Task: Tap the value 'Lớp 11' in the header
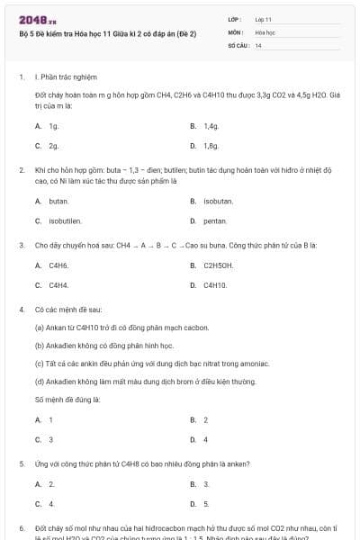(x=264, y=19)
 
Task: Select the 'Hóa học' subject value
(x=265, y=31)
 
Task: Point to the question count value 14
(x=258, y=44)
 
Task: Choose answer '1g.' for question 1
(x=54, y=126)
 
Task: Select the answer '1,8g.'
(x=211, y=145)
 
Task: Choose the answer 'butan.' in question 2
(x=58, y=201)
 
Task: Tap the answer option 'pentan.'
(x=215, y=220)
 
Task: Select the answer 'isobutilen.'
(x=66, y=220)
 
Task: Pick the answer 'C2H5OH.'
(x=219, y=265)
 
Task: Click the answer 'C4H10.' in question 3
(x=215, y=284)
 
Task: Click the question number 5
(x=21, y=463)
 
